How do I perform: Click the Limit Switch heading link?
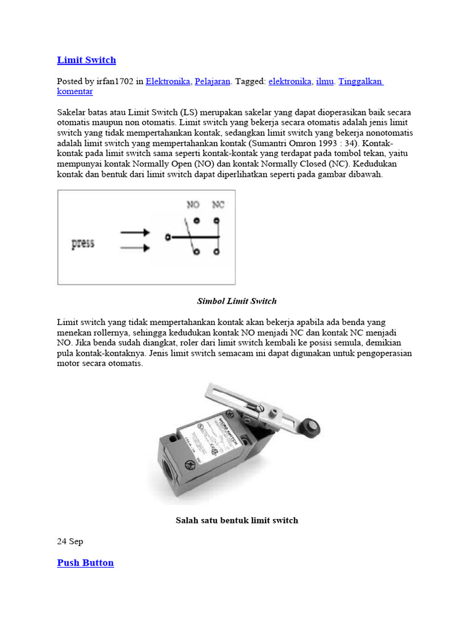(86, 60)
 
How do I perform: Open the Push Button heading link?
(85, 563)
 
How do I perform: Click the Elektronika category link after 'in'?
(167, 81)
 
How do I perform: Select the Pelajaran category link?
(212, 81)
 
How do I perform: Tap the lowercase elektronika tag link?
(289, 81)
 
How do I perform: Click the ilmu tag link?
(324, 81)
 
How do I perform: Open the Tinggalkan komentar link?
(360, 81)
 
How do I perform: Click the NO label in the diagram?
(193, 205)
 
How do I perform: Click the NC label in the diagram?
(218, 205)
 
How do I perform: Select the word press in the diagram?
(83, 243)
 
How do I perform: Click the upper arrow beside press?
(135, 233)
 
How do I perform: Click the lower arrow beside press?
(135, 248)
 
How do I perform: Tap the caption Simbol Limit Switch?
(237, 301)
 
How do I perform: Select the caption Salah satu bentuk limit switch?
(237, 520)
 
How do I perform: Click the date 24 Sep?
(70, 541)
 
